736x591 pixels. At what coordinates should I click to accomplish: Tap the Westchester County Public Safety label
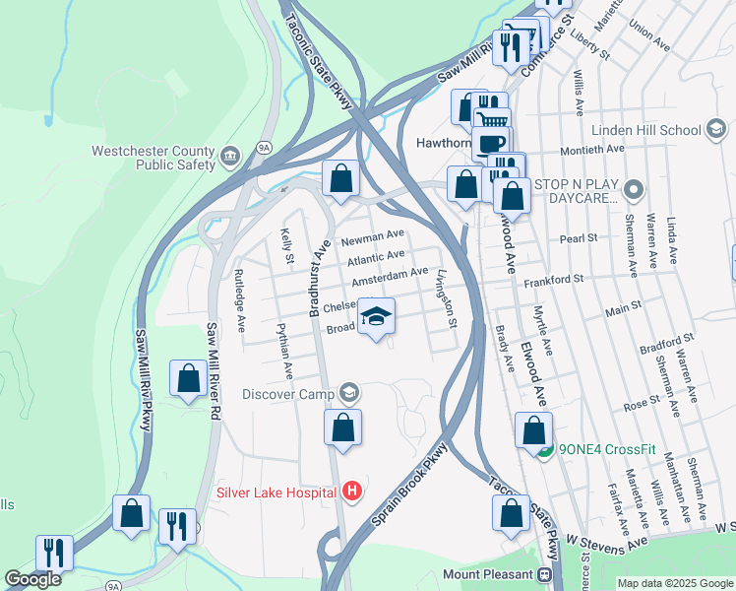point(153,158)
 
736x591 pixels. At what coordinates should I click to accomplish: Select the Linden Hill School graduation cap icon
point(716,130)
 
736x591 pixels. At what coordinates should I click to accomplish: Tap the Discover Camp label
point(289,394)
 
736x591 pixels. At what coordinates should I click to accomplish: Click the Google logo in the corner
point(32,579)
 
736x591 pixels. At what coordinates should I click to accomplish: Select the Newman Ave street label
point(373,236)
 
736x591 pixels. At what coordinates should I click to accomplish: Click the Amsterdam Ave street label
point(391,273)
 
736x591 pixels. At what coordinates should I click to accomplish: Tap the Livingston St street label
point(446,298)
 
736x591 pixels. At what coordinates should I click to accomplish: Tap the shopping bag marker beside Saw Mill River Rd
point(187,379)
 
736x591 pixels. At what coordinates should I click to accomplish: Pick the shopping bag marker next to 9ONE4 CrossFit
point(533,430)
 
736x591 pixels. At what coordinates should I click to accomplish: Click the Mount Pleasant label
point(488,574)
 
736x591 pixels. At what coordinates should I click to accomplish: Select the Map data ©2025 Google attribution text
point(674,583)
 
